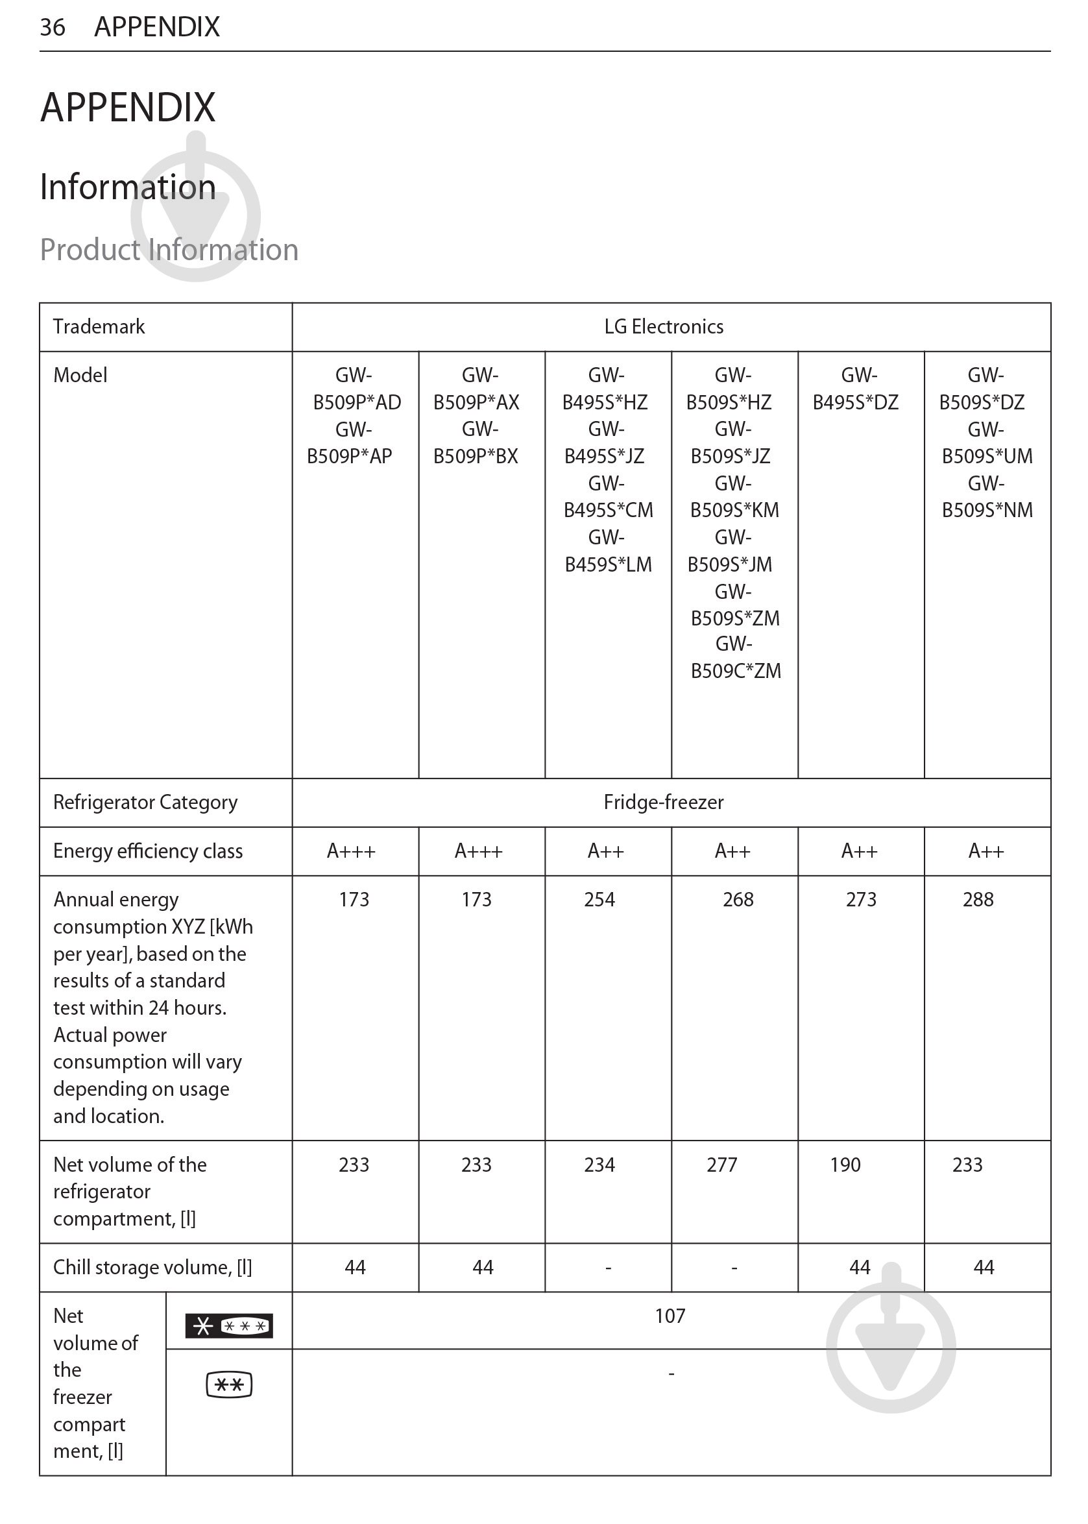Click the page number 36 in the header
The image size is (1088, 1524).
[x=53, y=27]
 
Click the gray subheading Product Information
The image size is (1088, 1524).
[x=169, y=249]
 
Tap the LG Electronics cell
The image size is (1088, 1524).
[x=663, y=327]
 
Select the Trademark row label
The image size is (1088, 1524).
[x=99, y=327]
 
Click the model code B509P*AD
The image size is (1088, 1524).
[x=356, y=403]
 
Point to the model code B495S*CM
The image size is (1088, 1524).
[x=608, y=511]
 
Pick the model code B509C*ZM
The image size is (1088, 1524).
[x=736, y=671]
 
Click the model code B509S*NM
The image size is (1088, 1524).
[x=987, y=511]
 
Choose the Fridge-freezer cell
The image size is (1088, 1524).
[x=663, y=803]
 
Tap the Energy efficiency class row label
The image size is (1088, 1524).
[x=147, y=851]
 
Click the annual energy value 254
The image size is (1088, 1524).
[x=599, y=900]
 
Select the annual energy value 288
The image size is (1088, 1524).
[x=978, y=900]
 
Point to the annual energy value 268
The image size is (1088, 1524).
[x=738, y=900]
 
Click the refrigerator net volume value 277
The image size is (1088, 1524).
[x=721, y=1165]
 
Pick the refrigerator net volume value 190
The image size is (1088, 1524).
[x=845, y=1165]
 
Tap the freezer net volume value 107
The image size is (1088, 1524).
[x=670, y=1316]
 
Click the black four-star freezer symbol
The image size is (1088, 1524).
[x=228, y=1325]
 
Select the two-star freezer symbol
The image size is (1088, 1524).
[x=228, y=1385]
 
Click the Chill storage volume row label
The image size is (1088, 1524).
[x=152, y=1268]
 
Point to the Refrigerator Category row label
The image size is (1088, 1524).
[x=145, y=803]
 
